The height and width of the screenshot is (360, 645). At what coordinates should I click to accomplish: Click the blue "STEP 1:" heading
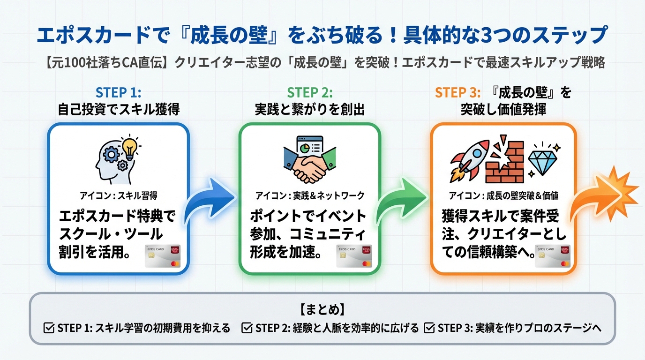(x=118, y=92)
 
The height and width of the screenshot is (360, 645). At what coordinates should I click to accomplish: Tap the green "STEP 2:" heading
(x=310, y=92)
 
